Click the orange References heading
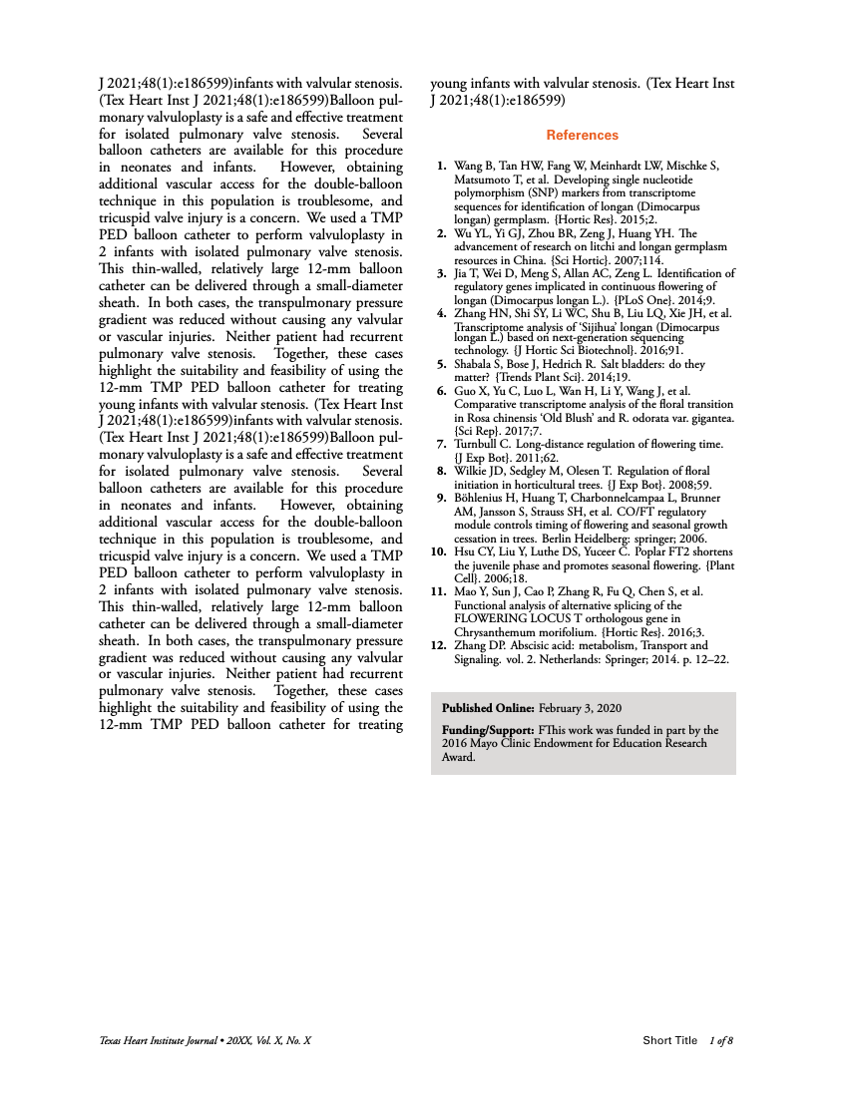(x=582, y=135)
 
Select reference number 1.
(x=441, y=163)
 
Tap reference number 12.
(x=438, y=644)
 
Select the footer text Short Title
(x=670, y=1041)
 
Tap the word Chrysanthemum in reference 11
(x=496, y=630)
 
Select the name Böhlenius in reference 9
(x=482, y=497)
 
